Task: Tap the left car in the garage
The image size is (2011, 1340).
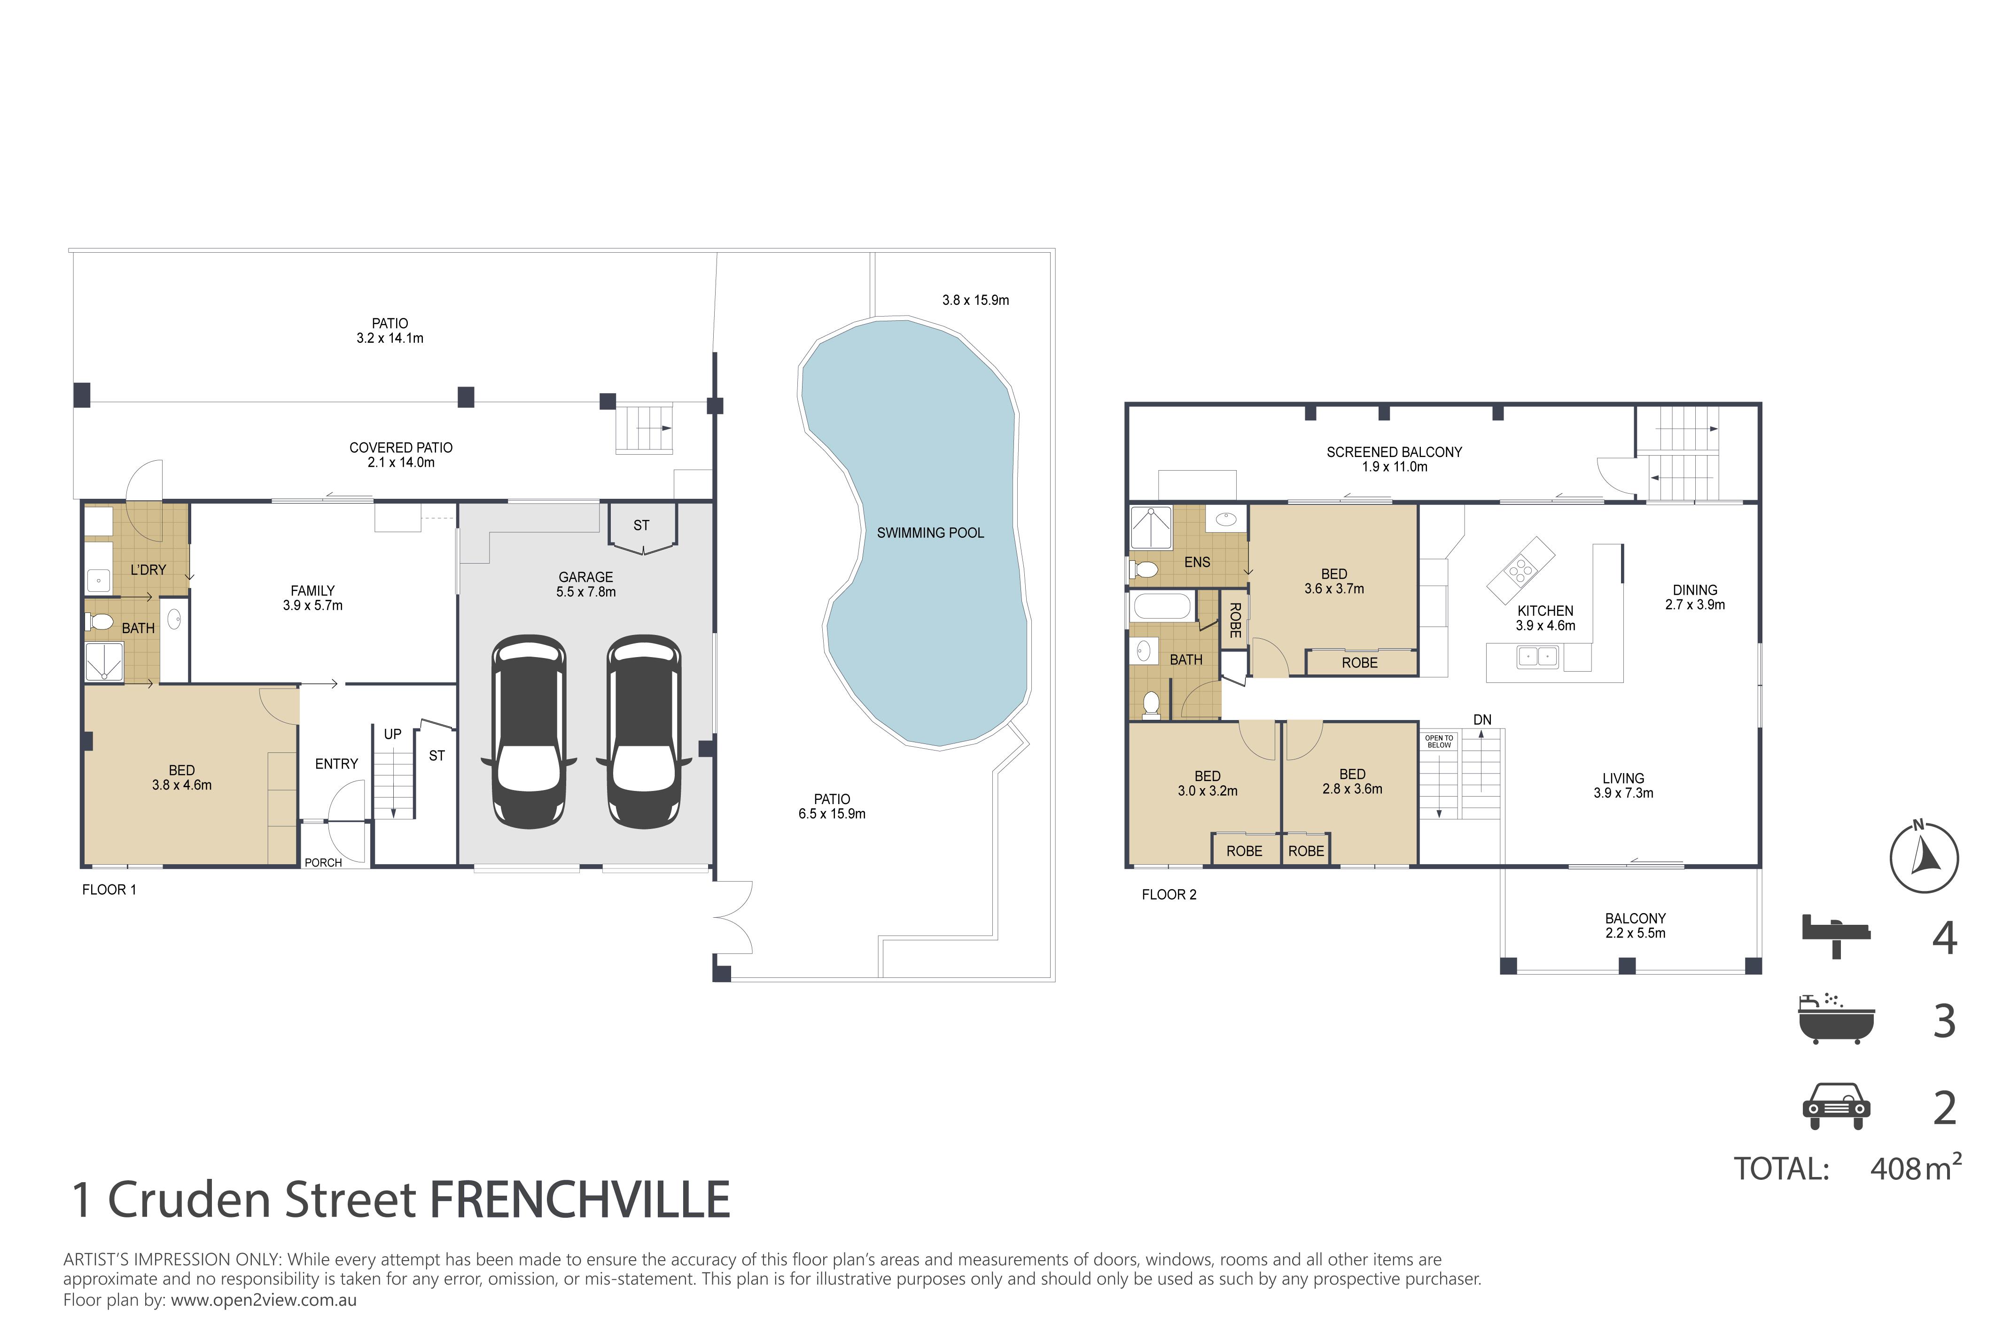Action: click(528, 732)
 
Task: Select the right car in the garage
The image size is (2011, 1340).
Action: click(644, 732)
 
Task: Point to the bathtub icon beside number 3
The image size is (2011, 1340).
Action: click(1836, 1020)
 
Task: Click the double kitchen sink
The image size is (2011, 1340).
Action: click(1536, 656)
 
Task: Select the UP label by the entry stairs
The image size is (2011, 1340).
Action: click(392, 734)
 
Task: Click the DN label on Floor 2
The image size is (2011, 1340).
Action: click(1482, 720)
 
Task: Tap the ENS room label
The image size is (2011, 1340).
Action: click(1197, 562)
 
